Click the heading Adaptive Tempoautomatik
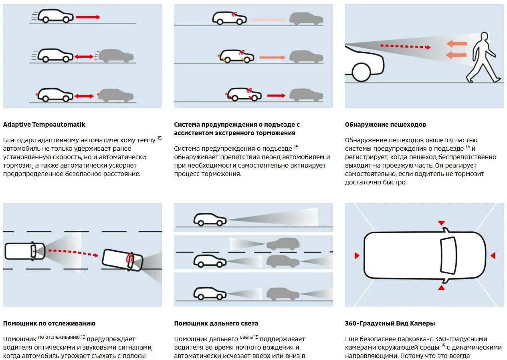point(44,124)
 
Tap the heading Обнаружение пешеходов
point(385,124)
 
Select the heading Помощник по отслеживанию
point(49,323)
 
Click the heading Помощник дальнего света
point(216,323)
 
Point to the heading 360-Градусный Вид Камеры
point(390,323)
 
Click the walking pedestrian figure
point(483,58)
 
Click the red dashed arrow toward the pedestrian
point(405,47)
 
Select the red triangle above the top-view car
point(441,223)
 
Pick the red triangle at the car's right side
point(493,255)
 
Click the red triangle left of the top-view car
point(356,255)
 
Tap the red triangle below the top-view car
point(441,288)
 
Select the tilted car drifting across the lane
point(123,259)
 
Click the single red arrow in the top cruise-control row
point(88,17)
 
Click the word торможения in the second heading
point(276,133)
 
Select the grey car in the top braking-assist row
point(306,19)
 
